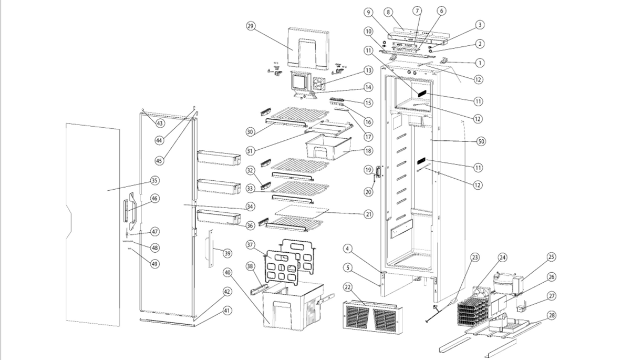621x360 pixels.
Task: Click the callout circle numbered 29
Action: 250,26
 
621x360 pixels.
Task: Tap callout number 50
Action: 481,141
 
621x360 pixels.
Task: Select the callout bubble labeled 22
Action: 348,286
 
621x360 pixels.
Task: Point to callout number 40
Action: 227,272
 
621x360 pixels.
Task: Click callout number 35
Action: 155,181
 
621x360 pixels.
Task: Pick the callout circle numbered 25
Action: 551,257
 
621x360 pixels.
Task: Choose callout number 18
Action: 368,150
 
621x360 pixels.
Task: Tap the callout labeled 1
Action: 480,63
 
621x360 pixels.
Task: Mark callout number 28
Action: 552,315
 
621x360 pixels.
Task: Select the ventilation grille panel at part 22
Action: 371,316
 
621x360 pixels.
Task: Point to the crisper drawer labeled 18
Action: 329,146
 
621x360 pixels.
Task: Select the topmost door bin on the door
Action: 219,157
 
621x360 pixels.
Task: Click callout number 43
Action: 160,123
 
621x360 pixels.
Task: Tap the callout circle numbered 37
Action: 250,245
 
